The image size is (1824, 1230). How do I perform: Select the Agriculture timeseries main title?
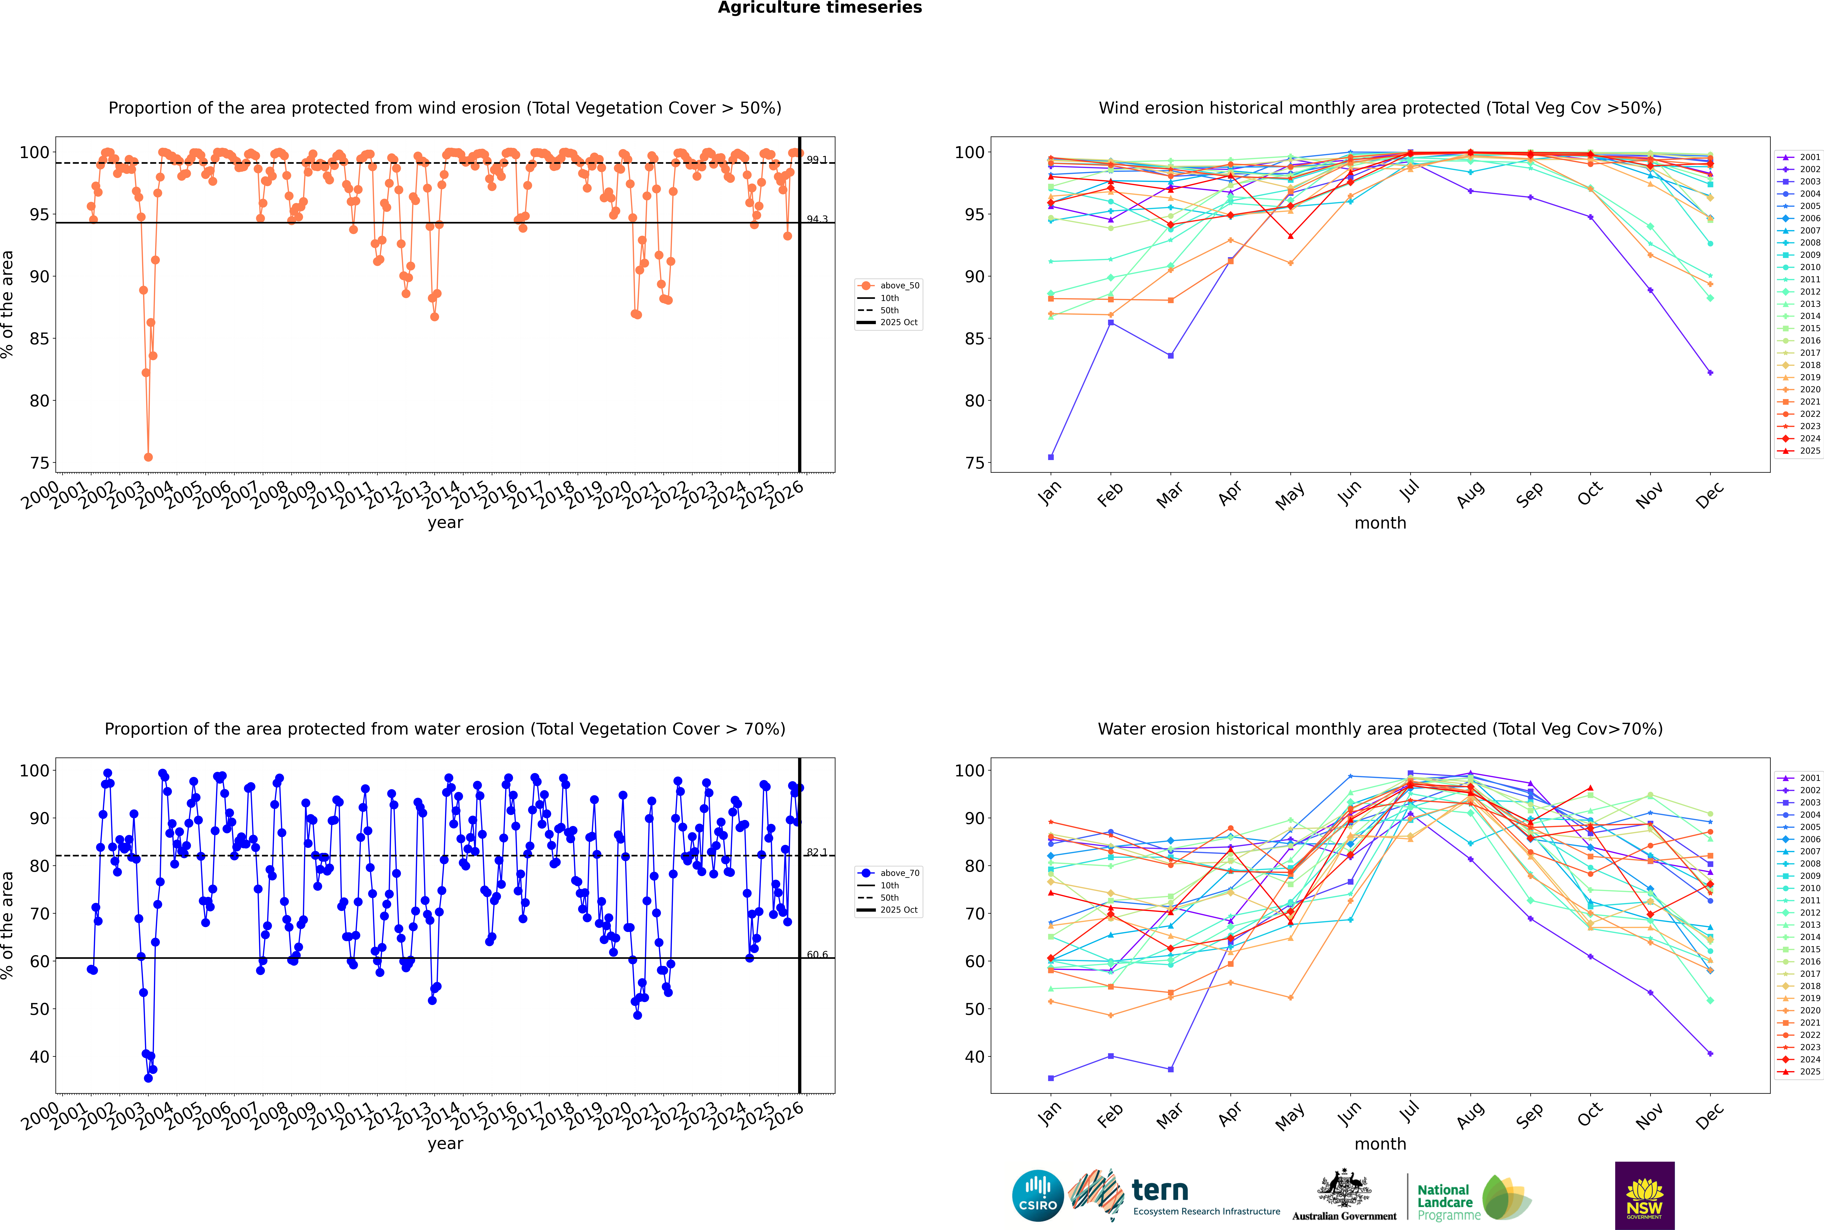coord(819,8)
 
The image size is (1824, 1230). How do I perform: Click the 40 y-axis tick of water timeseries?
coord(39,1057)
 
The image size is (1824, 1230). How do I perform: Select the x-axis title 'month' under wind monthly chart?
coord(1380,523)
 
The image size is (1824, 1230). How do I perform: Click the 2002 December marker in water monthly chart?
coord(1710,1053)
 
